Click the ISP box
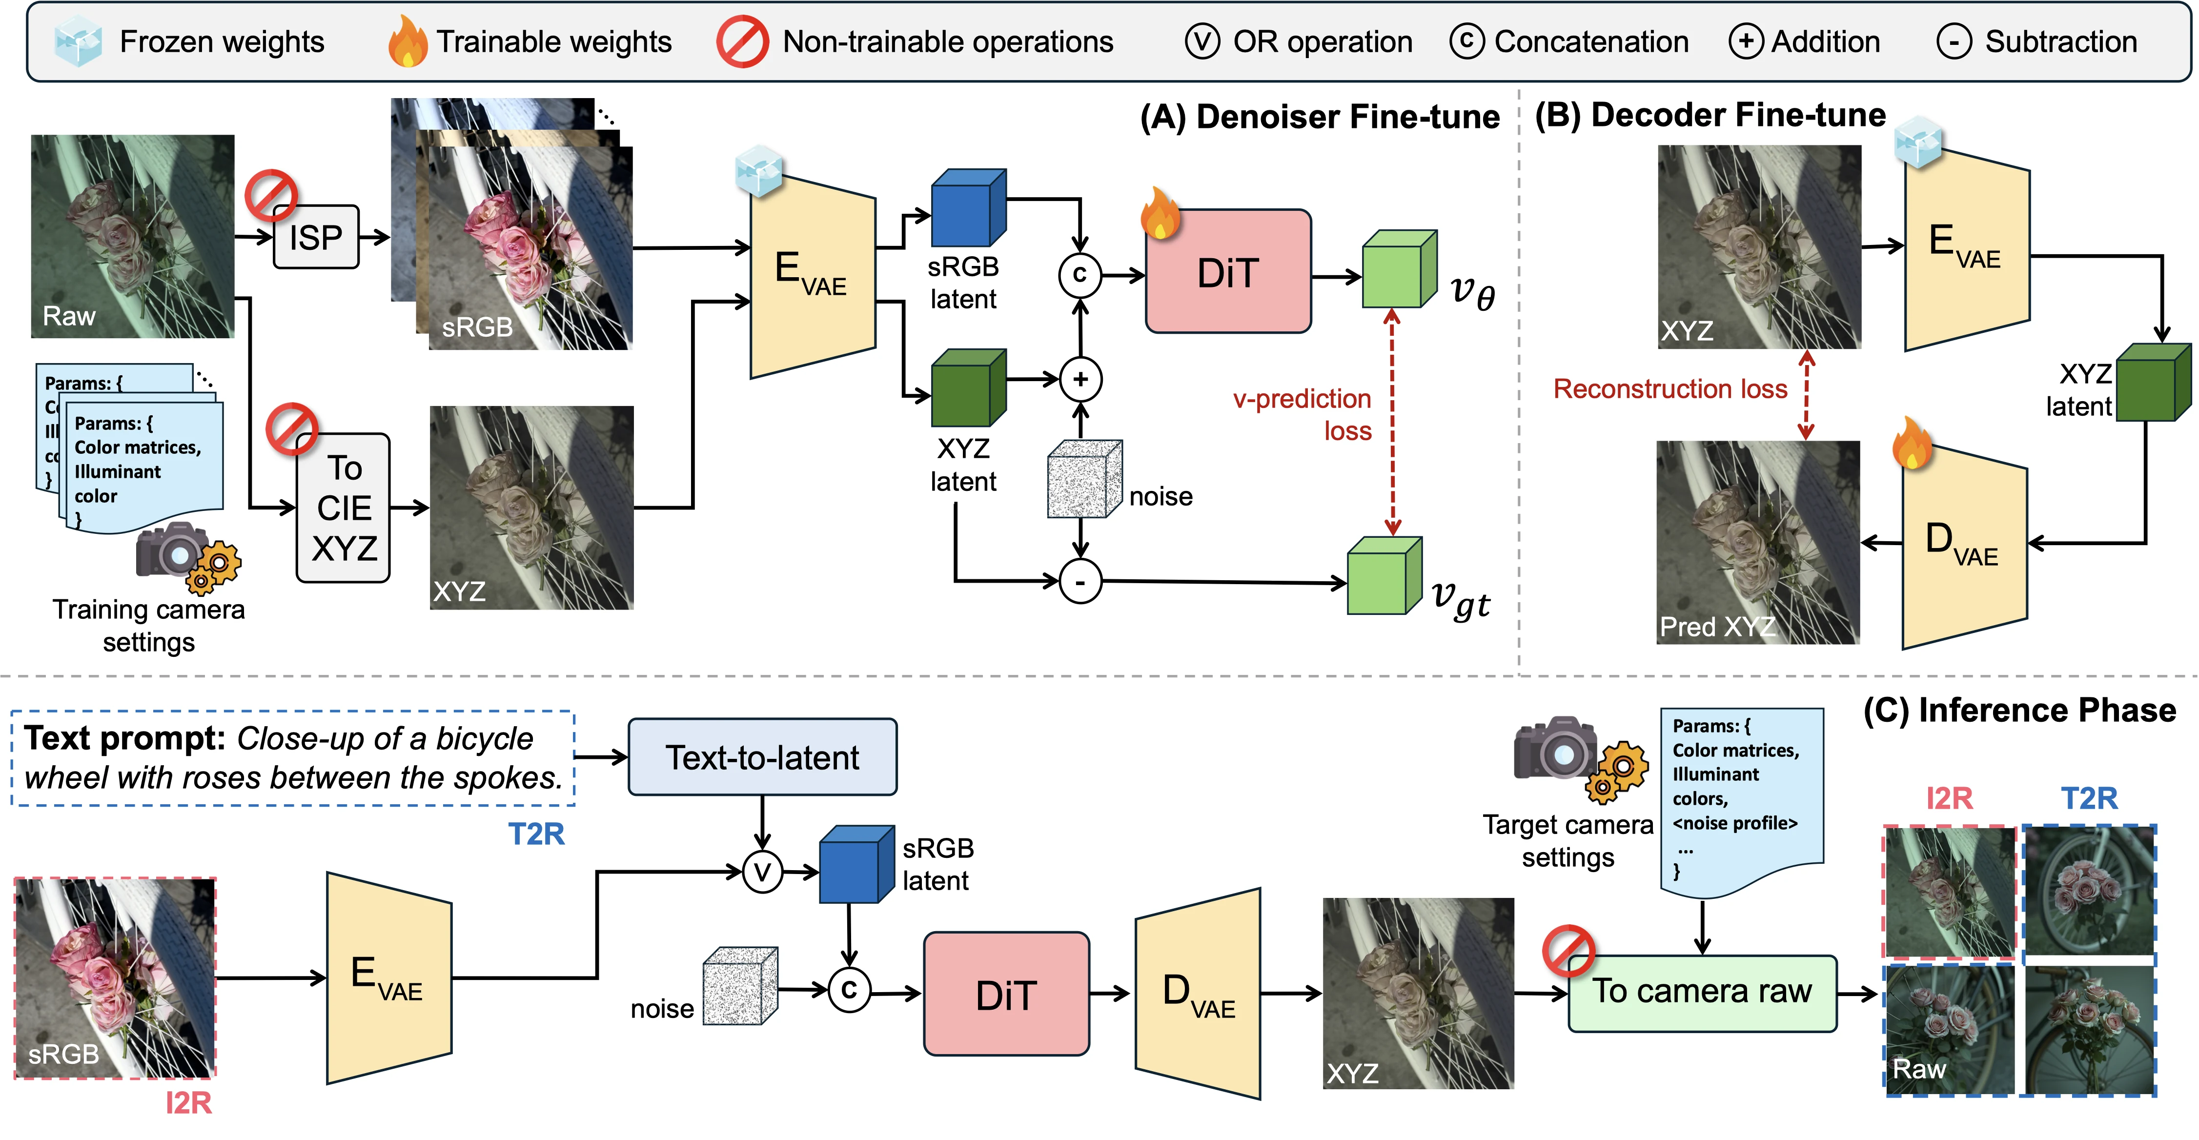coord(316,237)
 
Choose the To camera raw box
coord(1702,992)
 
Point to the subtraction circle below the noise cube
coord(1080,582)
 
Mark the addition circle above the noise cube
coord(1080,379)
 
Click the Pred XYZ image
coord(1758,542)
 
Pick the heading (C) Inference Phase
coord(2019,711)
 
